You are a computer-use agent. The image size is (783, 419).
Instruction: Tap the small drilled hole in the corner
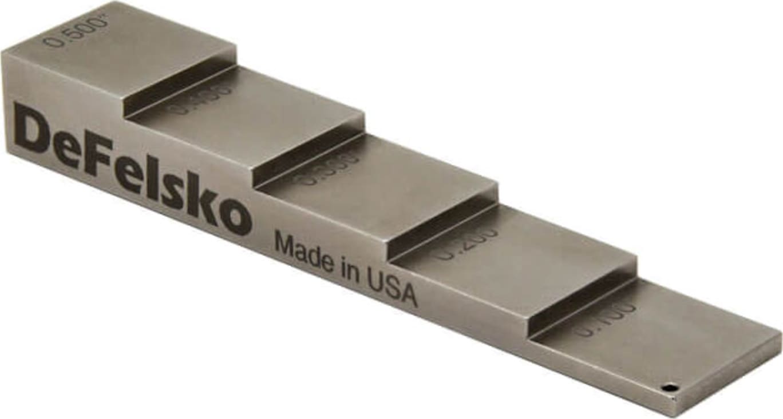(x=668, y=389)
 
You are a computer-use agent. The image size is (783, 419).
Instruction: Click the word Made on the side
(x=303, y=252)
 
